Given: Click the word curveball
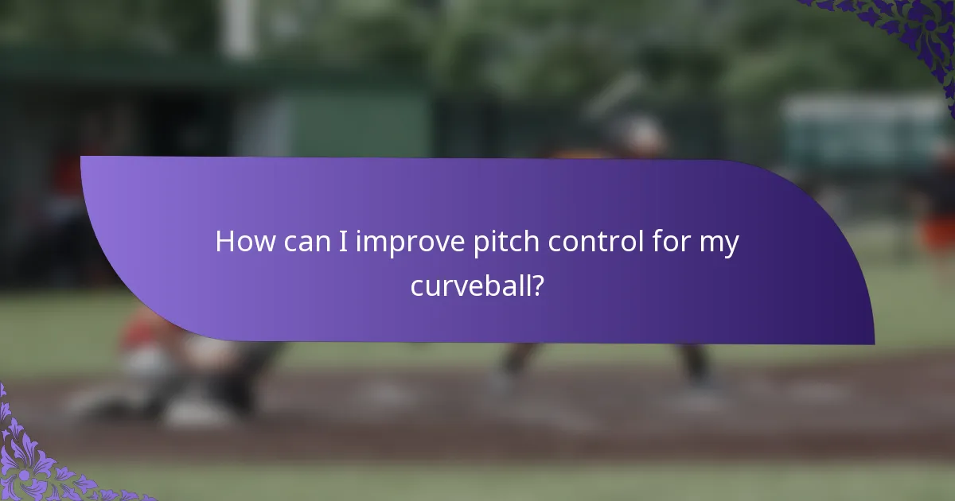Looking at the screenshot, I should coord(470,285).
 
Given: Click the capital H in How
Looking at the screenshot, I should coord(224,241).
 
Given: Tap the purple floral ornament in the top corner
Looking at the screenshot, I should coord(899,32).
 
